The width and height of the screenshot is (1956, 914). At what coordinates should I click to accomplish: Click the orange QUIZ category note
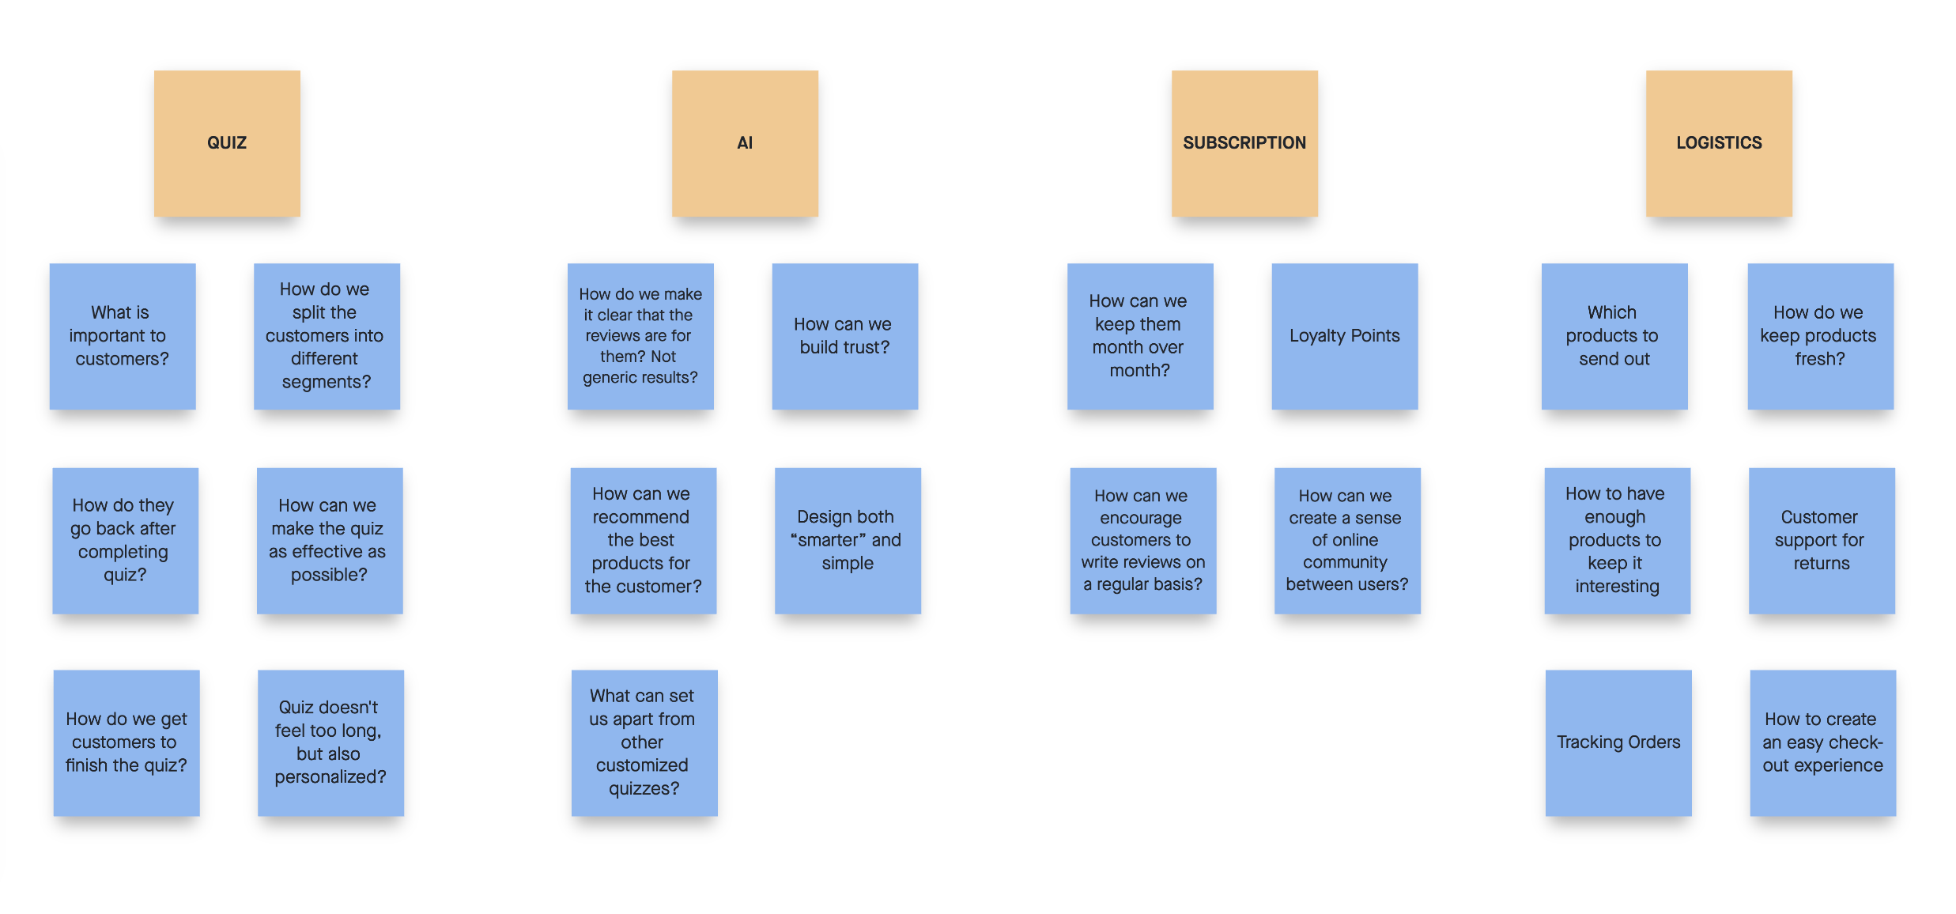tap(227, 143)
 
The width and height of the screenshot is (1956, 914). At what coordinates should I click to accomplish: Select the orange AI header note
tap(745, 143)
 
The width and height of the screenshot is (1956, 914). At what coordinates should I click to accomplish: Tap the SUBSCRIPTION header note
tap(1244, 143)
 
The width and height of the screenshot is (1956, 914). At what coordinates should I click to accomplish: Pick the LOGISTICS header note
tap(1719, 143)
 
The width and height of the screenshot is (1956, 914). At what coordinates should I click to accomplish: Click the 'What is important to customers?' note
tap(123, 336)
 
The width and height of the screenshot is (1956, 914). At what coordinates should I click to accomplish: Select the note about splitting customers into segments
tap(327, 336)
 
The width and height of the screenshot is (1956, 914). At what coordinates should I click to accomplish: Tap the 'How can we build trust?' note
tap(844, 336)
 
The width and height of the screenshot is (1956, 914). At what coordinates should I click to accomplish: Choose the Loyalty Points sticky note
tap(1344, 336)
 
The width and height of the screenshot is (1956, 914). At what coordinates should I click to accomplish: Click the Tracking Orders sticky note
tap(1618, 742)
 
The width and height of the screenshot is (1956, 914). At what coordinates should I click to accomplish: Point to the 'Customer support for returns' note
tap(1822, 540)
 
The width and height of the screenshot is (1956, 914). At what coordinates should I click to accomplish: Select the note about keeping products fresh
tap(1820, 336)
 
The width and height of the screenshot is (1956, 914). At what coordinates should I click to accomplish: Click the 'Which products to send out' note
tap(1614, 336)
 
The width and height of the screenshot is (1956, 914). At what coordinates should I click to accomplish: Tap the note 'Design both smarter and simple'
tap(848, 540)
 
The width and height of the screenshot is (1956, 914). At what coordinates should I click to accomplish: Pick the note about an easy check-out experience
tap(1822, 742)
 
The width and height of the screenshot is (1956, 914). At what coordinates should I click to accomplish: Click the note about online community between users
tap(1347, 540)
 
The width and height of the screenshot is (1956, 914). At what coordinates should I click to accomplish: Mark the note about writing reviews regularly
tap(1142, 540)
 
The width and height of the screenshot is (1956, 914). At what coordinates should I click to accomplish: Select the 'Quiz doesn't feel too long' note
tap(330, 742)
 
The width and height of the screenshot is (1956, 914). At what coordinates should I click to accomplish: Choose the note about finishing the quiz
tap(126, 742)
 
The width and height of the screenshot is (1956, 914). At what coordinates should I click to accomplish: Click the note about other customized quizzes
tap(644, 742)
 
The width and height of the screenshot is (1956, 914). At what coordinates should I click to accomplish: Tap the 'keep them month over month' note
tap(1139, 336)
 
